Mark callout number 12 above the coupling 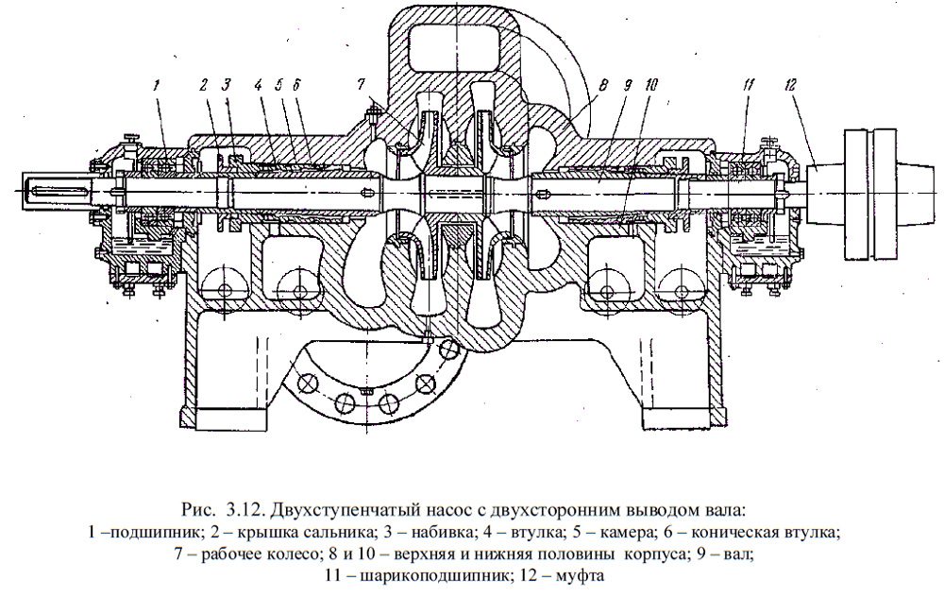(790, 84)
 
